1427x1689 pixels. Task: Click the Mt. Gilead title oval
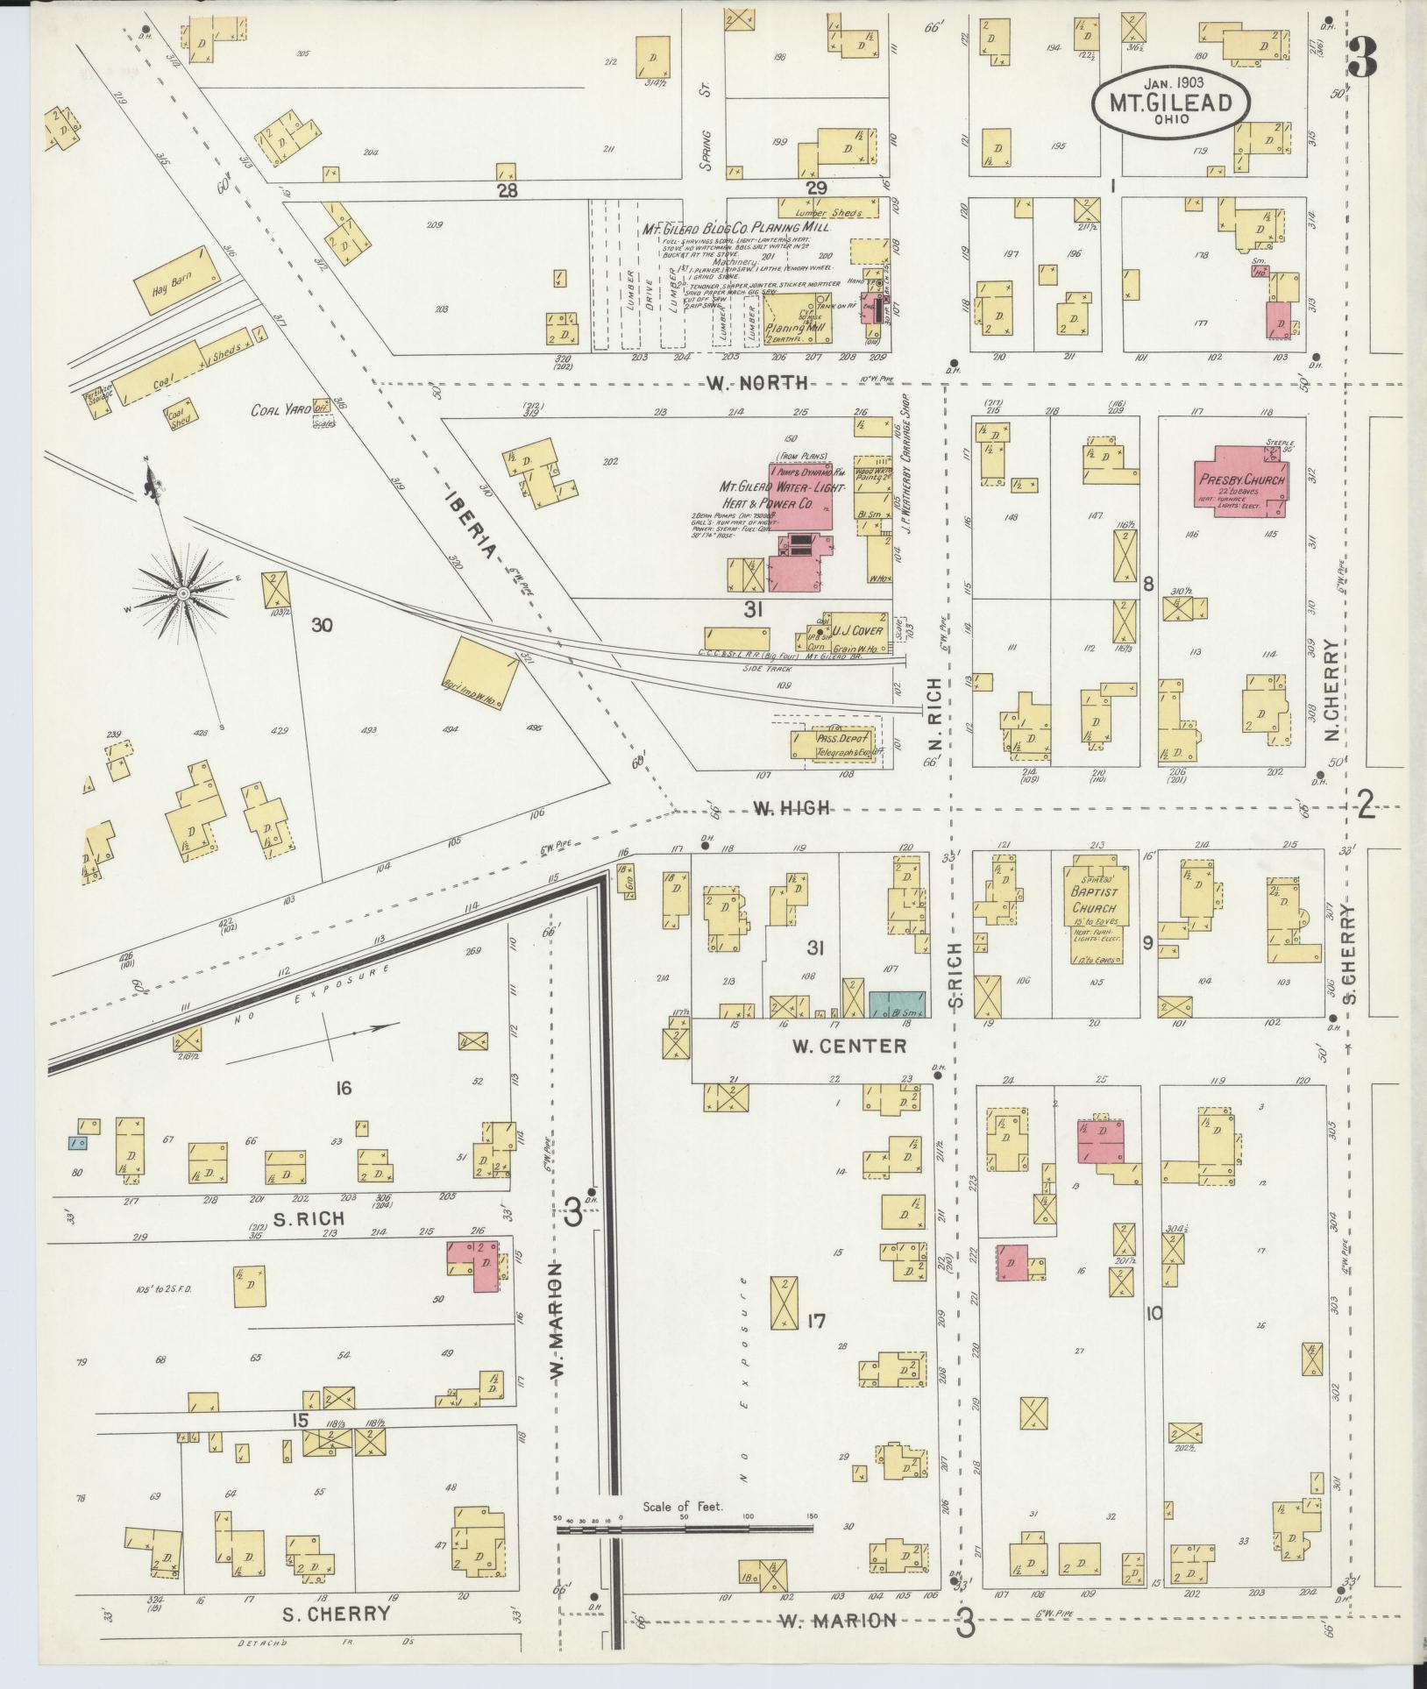[1171, 102]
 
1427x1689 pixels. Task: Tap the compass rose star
[183, 593]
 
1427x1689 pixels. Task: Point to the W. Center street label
[848, 1046]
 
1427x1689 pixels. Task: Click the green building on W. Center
[898, 1004]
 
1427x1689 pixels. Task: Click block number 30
[322, 625]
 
